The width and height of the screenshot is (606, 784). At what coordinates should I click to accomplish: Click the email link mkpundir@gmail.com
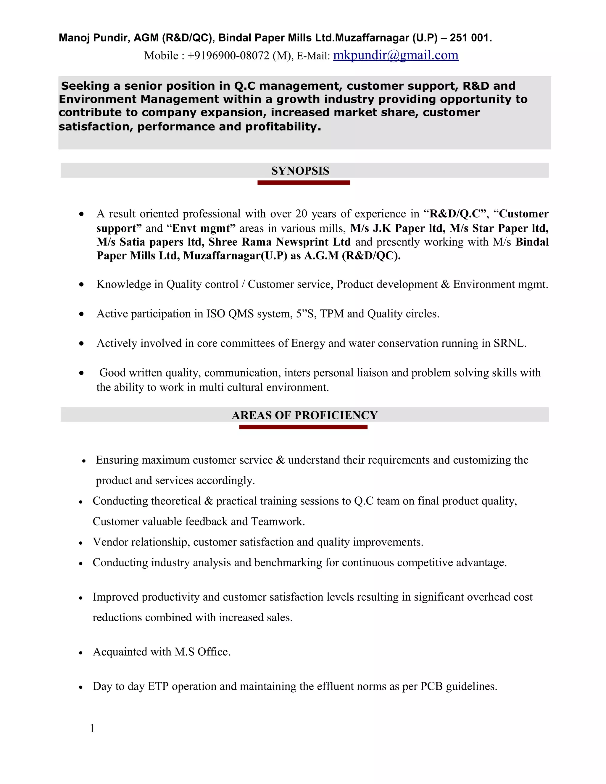[x=396, y=55]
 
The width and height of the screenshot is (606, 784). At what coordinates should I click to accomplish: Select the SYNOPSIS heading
[x=300, y=171]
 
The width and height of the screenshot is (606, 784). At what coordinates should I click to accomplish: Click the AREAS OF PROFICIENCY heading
[x=304, y=415]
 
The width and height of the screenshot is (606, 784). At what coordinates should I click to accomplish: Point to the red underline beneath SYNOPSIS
[x=304, y=183]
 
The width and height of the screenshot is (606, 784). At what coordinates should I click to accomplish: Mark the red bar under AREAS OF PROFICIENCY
[x=303, y=427]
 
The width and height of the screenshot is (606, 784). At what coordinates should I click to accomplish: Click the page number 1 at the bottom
[x=92, y=728]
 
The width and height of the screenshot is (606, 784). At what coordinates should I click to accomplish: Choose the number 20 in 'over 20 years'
[x=301, y=214]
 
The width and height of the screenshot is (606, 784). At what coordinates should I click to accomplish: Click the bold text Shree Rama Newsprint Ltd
[x=279, y=242]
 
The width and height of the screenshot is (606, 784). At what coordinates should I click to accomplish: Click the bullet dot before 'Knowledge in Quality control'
[x=82, y=285]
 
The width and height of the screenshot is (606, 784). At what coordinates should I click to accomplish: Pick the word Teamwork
[x=278, y=522]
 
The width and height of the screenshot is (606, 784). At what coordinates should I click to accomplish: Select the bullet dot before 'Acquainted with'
[x=81, y=653]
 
